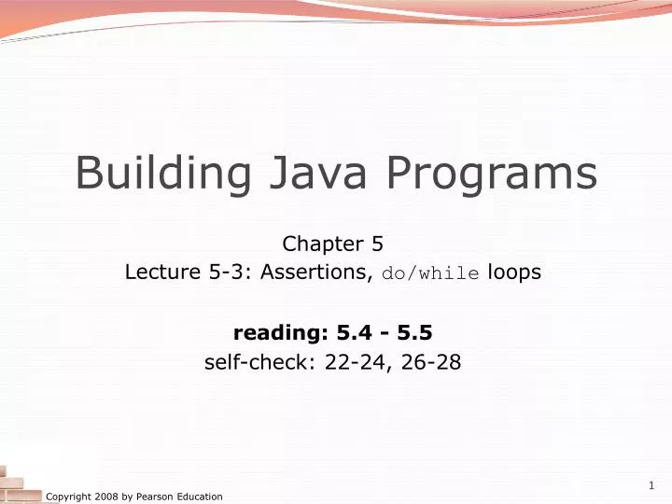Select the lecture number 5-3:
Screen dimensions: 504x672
tap(216, 273)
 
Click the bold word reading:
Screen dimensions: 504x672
tap(272, 331)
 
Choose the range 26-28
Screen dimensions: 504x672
tap(428, 361)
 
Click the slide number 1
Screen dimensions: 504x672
tap(651, 485)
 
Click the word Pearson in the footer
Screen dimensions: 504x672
tap(146, 497)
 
